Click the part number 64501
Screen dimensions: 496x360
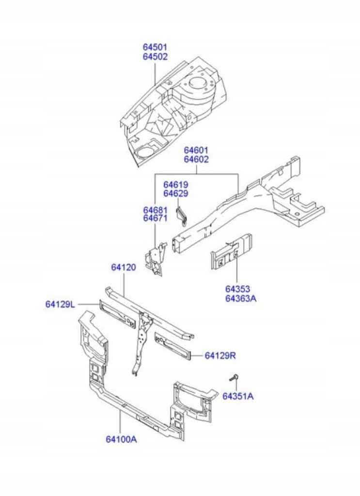[155, 47]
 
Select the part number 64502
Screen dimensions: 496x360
[155, 57]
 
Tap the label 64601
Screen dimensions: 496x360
[196, 150]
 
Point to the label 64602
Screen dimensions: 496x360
[196, 159]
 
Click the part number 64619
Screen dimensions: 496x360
[175, 185]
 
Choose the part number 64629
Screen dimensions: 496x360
[175, 194]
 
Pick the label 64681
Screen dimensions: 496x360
[155, 210]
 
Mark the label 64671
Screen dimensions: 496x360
[155, 218]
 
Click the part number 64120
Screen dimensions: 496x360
[123, 267]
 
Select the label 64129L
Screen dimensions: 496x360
[61, 304]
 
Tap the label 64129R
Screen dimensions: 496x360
[220, 356]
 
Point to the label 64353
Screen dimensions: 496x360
[237, 289]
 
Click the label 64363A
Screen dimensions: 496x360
[241, 298]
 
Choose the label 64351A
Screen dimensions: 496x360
[238, 397]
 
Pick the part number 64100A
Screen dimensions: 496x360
[121, 440]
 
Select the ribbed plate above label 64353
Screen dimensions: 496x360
[232, 251]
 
